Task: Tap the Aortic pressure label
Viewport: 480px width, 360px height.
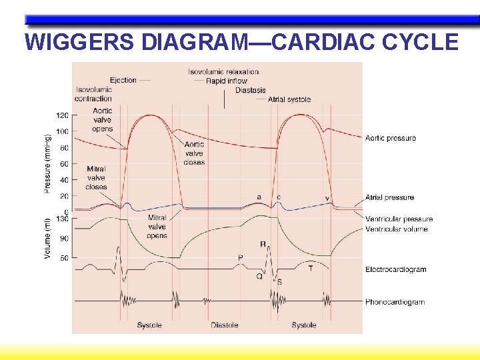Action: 391,138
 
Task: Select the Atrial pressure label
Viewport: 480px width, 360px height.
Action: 389,197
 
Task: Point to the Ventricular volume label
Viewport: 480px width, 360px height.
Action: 397,229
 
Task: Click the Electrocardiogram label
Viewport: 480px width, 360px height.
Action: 396,269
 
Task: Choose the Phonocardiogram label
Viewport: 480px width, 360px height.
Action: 395,302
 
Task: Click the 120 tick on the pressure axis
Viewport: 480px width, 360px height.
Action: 62,115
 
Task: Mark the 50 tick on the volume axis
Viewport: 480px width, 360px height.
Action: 64,258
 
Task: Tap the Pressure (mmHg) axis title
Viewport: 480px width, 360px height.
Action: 48,154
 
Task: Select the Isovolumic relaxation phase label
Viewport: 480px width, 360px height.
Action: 223,71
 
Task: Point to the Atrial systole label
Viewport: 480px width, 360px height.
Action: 289,99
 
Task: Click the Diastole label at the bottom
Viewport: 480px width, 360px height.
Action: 224,325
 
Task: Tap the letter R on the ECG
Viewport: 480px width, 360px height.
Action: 263,244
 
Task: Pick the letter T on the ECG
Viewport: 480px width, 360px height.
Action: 311,268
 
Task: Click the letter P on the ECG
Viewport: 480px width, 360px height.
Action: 241,257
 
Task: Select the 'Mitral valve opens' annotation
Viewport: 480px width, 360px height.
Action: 157,227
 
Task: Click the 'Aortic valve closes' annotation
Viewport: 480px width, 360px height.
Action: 194,153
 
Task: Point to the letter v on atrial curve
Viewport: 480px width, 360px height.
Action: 327,197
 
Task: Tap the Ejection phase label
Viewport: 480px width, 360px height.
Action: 123,80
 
